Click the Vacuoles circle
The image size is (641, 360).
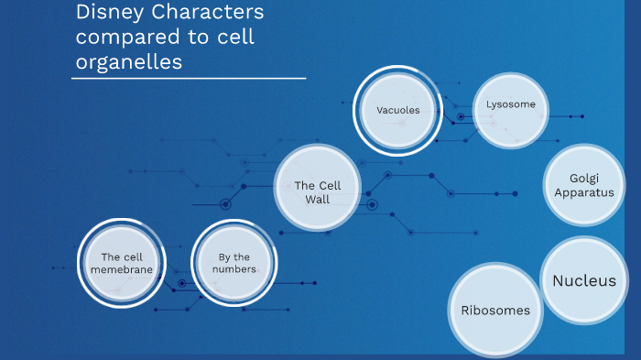pos(398,111)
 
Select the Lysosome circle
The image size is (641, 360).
pos(511,105)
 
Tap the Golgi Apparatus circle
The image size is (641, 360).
pos(584,185)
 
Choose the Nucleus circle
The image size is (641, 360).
pos(584,280)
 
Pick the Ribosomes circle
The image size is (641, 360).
pos(495,310)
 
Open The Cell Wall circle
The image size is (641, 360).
pos(318,187)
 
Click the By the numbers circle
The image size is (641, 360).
pos(234,264)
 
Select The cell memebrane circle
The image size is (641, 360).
pos(122,264)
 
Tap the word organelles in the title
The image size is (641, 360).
pos(129,62)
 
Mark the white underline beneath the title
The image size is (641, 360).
pos(189,79)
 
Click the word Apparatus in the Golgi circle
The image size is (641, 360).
pos(584,192)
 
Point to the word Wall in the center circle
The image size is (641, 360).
pos(318,199)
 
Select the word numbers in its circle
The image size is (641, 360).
pos(234,269)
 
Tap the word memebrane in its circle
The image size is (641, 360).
pos(122,269)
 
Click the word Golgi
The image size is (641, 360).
pos(584,179)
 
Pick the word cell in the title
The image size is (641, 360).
pos(234,38)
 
